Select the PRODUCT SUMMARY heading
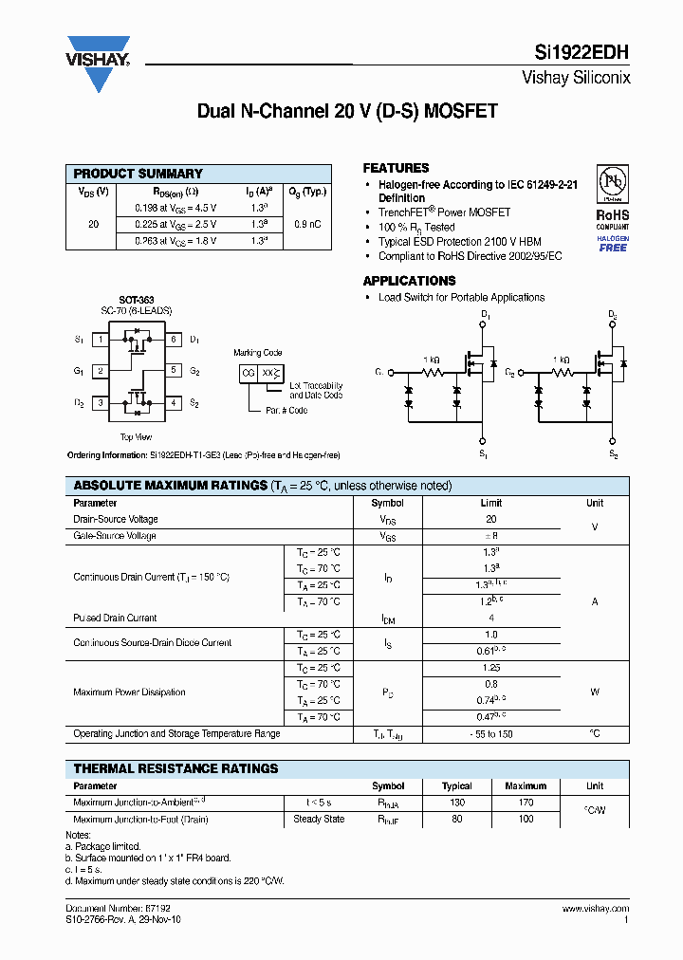click(x=138, y=174)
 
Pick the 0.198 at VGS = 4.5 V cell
click(x=175, y=207)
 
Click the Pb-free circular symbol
click(x=613, y=183)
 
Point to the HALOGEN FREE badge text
click(x=613, y=244)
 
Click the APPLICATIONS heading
click(x=410, y=281)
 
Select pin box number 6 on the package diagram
click(x=174, y=339)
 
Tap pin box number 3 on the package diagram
click(x=102, y=403)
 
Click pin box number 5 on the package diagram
click(x=174, y=371)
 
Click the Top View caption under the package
click(x=136, y=437)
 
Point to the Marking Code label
click(x=258, y=353)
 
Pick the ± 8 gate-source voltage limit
click(x=490, y=536)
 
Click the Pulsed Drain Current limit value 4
click(x=490, y=618)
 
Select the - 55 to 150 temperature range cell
click(x=490, y=733)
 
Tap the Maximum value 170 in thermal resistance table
click(x=526, y=803)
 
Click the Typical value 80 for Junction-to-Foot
click(x=456, y=819)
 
